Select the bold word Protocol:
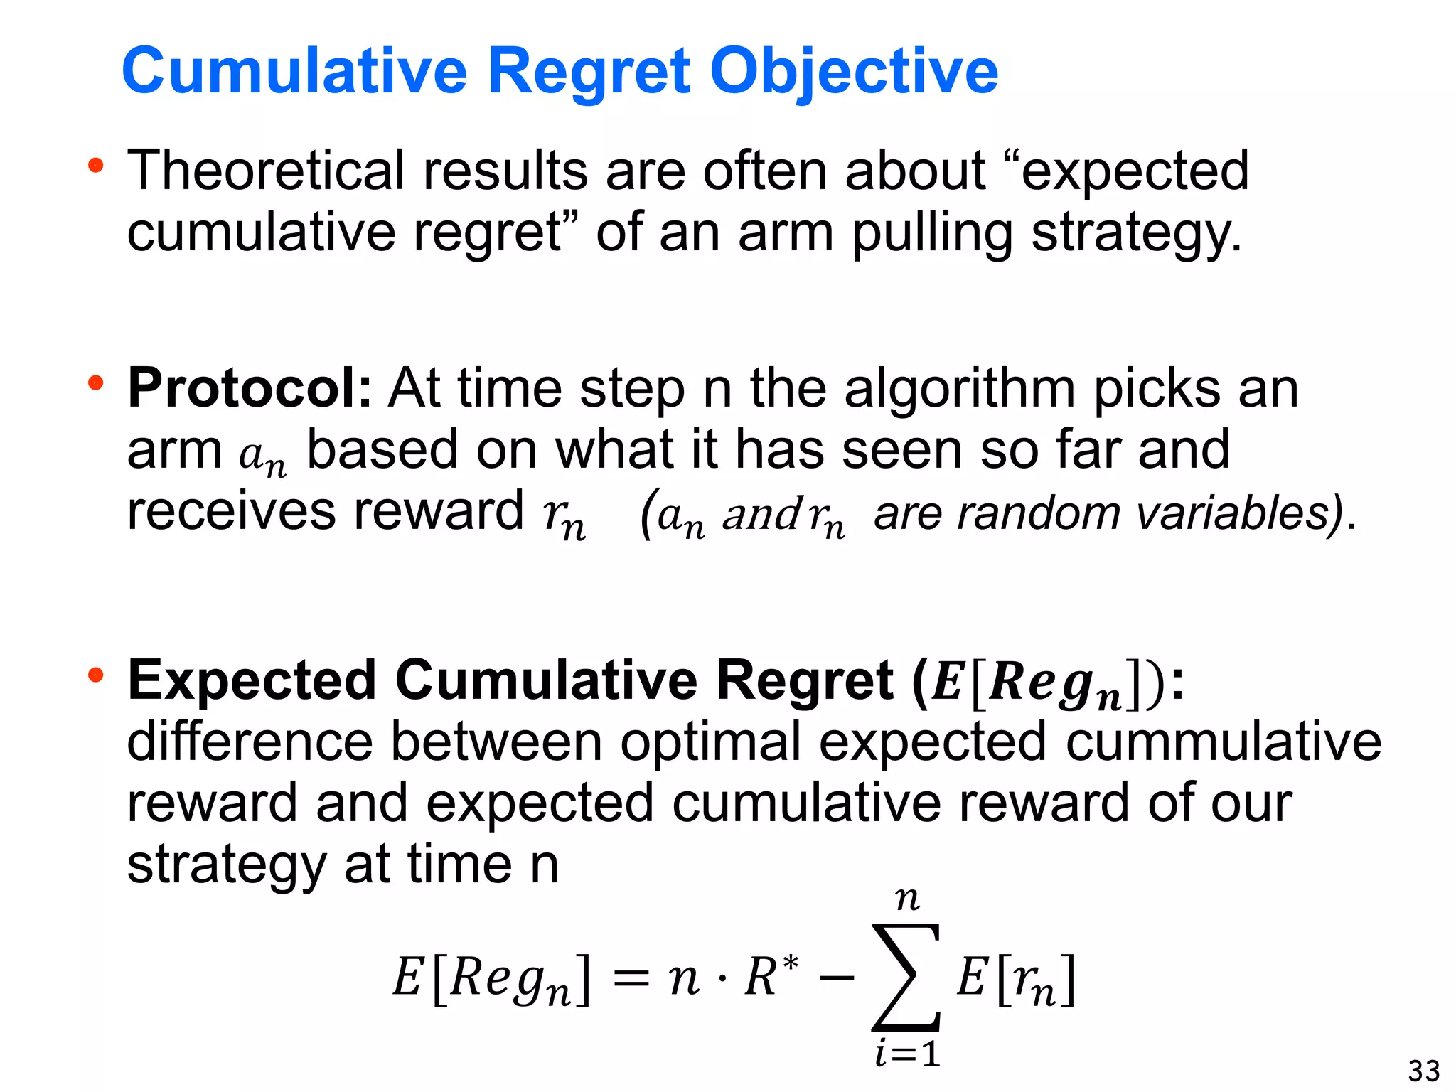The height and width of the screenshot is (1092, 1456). (250, 388)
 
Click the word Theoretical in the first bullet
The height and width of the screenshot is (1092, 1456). (265, 171)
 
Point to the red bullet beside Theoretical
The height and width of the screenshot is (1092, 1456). (95, 166)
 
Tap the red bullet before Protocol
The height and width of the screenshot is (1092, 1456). (95, 384)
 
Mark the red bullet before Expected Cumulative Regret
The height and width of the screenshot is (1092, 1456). (95, 675)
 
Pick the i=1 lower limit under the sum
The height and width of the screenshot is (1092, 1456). (908, 1054)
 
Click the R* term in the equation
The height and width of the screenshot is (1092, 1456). (771, 975)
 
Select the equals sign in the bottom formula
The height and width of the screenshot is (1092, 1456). (631, 979)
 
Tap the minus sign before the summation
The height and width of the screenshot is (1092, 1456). (837, 978)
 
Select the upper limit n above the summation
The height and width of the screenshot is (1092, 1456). (907, 900)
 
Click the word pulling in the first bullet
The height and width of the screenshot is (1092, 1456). (932, 233)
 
